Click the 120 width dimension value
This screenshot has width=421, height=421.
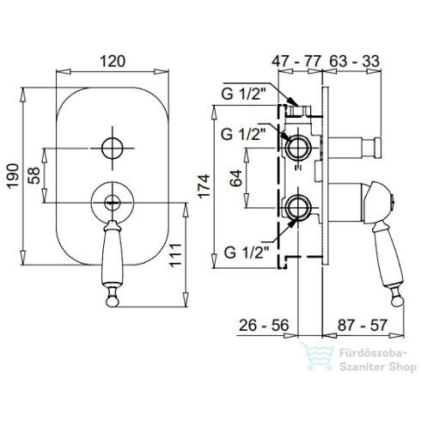pos(113,61)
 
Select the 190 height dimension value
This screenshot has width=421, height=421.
pos(13,176)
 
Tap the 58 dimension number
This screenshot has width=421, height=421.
pos(34,175)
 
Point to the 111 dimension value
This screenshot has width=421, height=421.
pos(175,255)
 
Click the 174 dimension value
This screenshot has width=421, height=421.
pos(204,186)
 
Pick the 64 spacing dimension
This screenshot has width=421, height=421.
pos(236,178)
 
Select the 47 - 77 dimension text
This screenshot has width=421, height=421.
pos(296,61)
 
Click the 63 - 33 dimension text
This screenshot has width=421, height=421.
pos(355,61)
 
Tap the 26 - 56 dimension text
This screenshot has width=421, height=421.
pos(264,326)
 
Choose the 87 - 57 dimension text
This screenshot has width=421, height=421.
pos(363,326)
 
